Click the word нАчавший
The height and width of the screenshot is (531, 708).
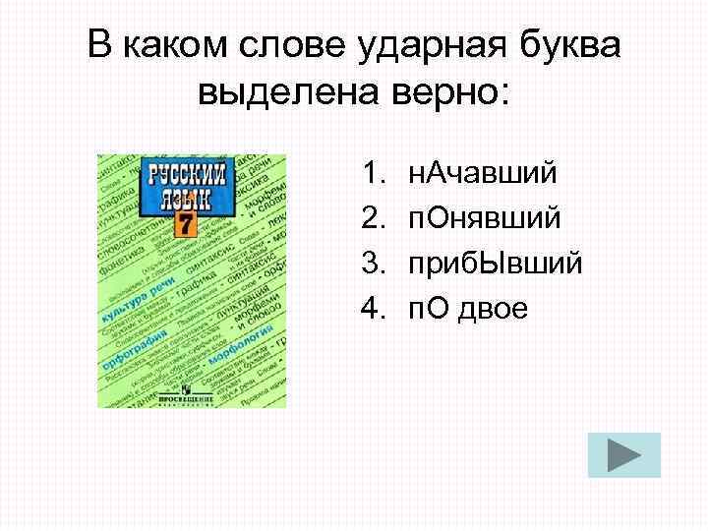coord(483,173)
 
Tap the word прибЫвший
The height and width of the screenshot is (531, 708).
coord(496,264)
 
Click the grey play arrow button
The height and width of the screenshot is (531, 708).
coord(618,456)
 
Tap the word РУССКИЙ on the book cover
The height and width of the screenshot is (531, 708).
coord(186,178)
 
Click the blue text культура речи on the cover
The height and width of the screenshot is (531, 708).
coord(132,289)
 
